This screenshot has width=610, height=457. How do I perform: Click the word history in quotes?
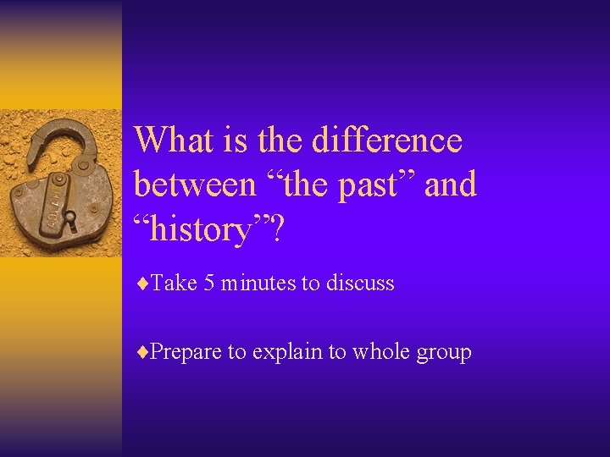pyautogui.click(x=202, y=228)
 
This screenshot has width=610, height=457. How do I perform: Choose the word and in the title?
pyautogui.click(x=450, y=184)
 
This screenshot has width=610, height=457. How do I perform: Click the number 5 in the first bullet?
pyautogui.click(x=209, y=284)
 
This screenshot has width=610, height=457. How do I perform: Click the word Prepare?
pyautogui.click(x=186, y=353)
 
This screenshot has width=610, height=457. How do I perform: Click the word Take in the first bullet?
pyautogui.click(x=174, y=284)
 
